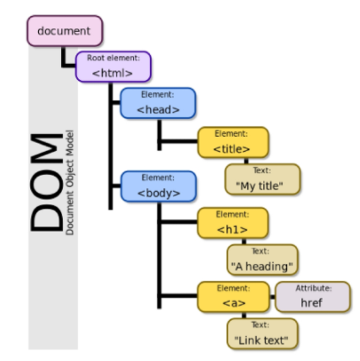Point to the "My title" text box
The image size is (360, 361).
point(262,180)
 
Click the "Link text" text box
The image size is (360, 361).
point(262,333)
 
